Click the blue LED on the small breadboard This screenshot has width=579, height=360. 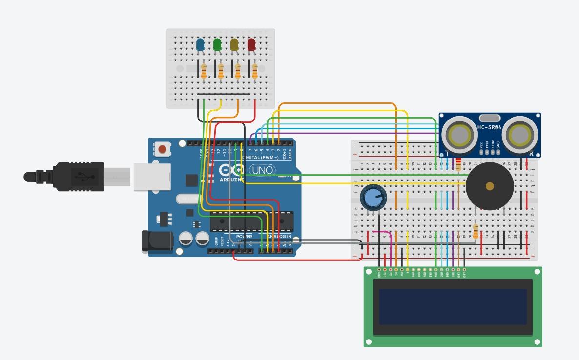pos(200,45)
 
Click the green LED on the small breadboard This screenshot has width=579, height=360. pos(217,45)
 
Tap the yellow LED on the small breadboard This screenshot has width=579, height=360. pos(234,45)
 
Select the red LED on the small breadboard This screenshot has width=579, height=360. pos(251,45)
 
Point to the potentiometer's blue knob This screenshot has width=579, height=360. pos(373,198)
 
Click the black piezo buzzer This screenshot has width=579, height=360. pos(490,186)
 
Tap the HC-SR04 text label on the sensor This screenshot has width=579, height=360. pos(489,127)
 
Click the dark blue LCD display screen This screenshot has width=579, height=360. pos(453,307)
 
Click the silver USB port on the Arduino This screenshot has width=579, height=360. pos(152,177)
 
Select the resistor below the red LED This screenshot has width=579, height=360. pos(255,71)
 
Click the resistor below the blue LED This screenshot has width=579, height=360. pos(204,71)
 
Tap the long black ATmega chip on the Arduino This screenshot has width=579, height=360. pos(251,222)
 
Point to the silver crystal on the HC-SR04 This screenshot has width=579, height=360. pos(490,118)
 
